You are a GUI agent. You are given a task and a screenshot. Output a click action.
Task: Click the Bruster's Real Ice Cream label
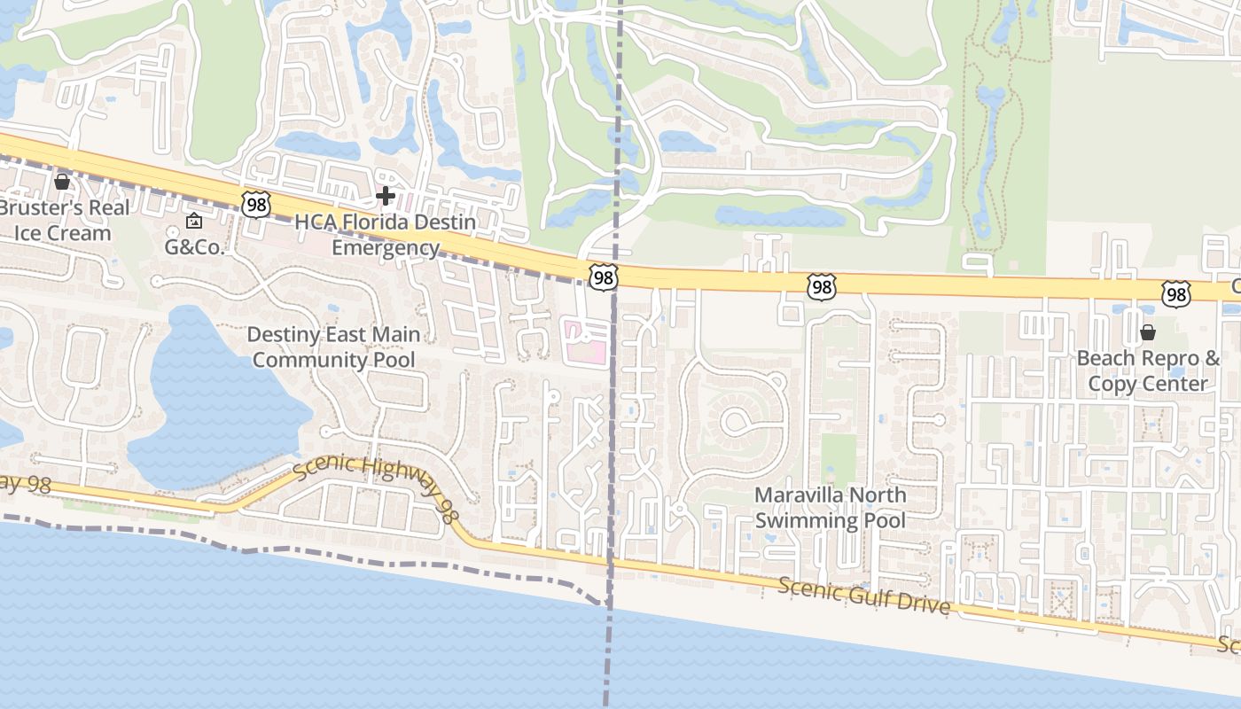point(64,221)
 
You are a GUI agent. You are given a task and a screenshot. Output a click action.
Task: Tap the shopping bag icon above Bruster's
point(62,183)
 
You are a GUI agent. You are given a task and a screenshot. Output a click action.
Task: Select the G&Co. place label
point(194,247)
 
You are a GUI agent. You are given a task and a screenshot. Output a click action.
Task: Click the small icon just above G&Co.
point(194,221)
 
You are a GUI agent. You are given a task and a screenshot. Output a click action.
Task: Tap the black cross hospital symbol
point(386,195)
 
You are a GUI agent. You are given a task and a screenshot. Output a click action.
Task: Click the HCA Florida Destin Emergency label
point(385,235)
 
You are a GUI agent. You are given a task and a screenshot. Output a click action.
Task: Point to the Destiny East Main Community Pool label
point(333,347)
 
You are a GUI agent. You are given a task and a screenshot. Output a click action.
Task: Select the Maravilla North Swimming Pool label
point(830,507)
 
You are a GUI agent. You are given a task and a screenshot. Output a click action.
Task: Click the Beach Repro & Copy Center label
point(1148,370)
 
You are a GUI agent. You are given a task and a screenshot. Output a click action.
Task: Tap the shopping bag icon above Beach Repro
point(1148,333)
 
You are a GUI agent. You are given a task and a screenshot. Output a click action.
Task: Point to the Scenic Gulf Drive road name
point(864,596)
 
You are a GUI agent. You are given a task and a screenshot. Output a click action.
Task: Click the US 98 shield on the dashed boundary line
point(604,278)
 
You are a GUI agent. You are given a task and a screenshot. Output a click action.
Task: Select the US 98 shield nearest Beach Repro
point(1176,294)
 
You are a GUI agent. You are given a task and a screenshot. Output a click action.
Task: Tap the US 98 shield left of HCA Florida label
point(255,205)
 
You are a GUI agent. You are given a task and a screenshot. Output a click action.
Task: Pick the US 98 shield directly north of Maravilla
point(822,286)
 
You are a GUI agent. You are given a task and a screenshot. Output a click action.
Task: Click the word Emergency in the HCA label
point(385,248)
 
